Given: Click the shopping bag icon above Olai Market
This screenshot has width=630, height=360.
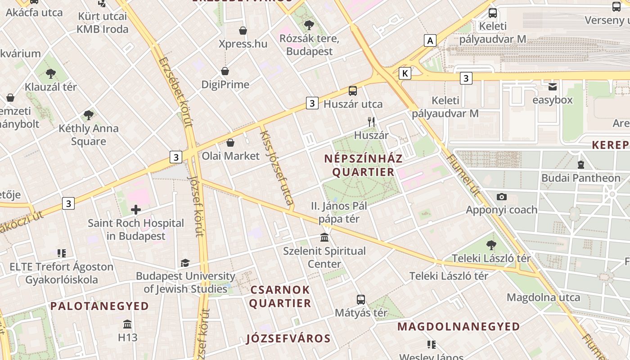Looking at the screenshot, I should (x=230, y=143).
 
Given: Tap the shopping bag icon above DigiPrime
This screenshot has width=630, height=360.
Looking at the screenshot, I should (x=225, y=71).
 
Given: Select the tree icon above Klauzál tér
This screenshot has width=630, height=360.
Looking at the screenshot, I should (x=51, y=73).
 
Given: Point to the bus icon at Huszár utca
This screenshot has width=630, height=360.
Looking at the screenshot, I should (x=353, y=91).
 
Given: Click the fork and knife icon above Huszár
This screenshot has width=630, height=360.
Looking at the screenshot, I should (x=371, y=121).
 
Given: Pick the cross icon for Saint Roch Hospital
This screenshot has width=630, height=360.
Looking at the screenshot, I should (x=136, y=209).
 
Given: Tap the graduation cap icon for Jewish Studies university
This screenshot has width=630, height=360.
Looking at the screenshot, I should (x=185, y=263).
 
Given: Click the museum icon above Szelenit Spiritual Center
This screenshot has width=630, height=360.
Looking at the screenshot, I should (x=324, y=237).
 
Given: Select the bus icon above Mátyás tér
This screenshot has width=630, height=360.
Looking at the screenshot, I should (x=360, y=299).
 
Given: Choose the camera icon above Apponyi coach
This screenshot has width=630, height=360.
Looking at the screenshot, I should (x=502, y=197).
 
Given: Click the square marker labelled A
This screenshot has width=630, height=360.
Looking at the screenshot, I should (x=430, y=40).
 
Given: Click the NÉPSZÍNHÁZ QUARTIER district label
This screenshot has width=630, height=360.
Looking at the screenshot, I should (x=363, y=165).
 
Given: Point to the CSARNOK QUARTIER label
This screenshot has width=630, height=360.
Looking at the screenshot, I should (x=280, y=296).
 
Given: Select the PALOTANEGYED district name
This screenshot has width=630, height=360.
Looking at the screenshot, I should (x=99, y=306).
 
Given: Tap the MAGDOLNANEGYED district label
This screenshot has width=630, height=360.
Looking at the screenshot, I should (x=459, y=326).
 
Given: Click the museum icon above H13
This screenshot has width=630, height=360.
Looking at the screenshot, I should (x=127, y=324).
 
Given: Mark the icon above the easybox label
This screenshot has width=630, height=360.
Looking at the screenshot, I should (x=552, y=86).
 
